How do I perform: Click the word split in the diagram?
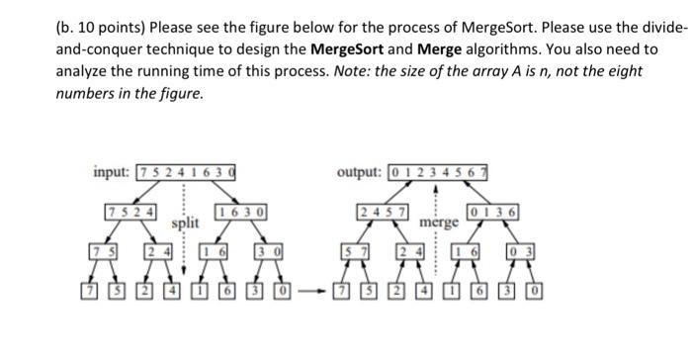pos(185,225)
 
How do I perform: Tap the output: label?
pos(360,172)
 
